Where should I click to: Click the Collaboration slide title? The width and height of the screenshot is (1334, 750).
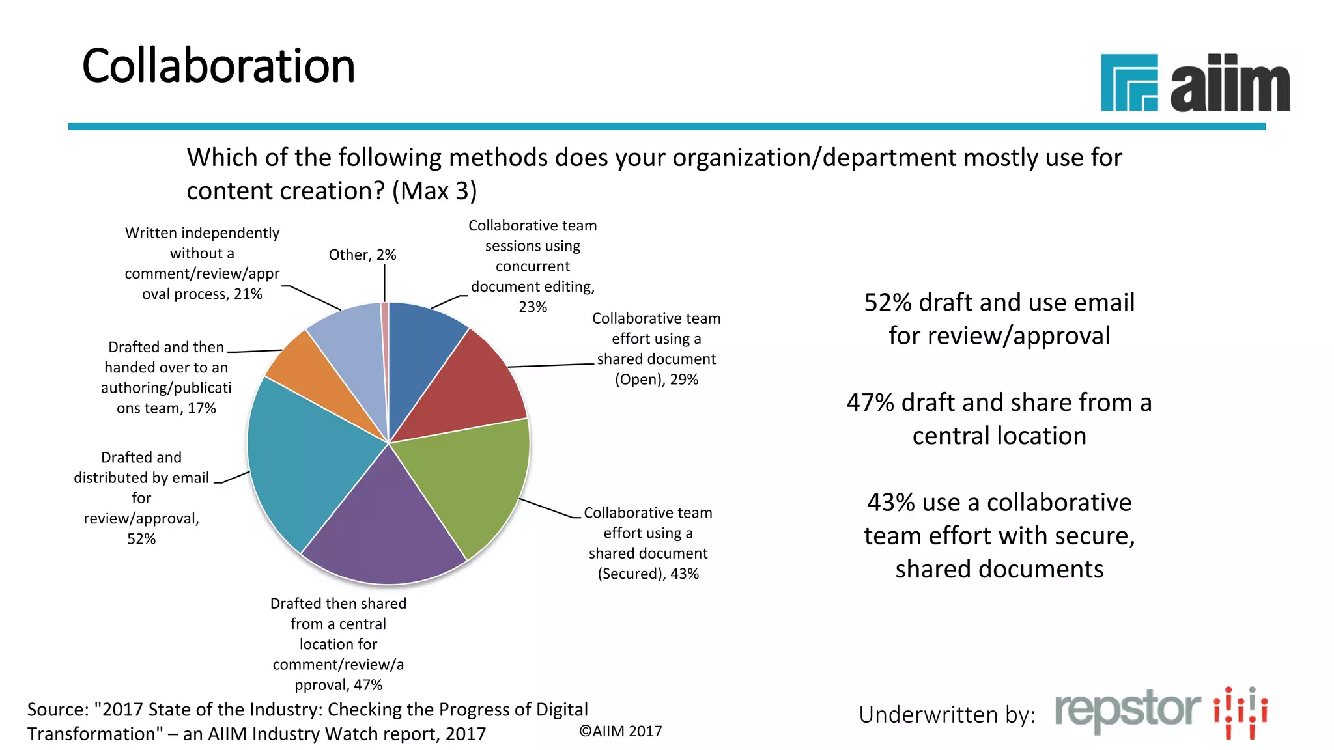click(218, 66)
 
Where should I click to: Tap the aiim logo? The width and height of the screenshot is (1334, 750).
click(1195, 83)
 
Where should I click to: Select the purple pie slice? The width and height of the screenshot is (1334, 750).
click(384, 527)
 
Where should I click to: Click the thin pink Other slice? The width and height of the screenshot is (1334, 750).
click(385, 339)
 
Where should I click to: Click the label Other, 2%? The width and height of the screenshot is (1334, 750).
click(362, 255)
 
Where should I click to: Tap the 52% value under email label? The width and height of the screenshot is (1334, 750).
click(141, 539)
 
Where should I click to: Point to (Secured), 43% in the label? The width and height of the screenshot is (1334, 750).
click(648, 574)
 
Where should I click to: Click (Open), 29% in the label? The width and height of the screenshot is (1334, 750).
click(657, 380)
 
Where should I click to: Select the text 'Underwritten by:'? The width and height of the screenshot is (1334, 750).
click(946, 715)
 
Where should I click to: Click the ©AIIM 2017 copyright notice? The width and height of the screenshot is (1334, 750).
click(620, 731)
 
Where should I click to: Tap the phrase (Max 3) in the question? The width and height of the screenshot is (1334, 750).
click(434, 191)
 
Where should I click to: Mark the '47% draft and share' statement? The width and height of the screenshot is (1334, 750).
click(999, 419)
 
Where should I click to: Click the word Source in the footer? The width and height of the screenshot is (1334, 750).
click(57, 710)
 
